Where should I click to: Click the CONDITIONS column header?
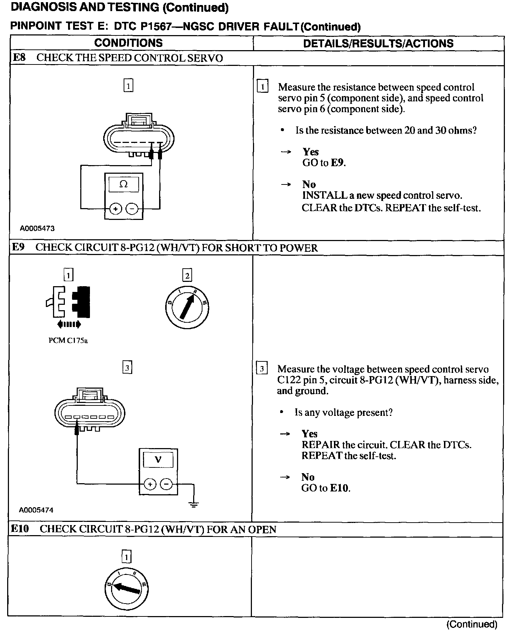[128, 43]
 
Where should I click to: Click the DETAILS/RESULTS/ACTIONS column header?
[378, 43]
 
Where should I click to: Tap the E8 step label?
[19, 58]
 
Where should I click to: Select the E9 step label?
[19, 248]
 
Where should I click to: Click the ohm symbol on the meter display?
[123, 184]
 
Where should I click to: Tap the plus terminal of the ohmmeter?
[115, 208]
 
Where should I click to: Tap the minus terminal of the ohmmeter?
[132, 208]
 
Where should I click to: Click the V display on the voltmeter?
[158, 460]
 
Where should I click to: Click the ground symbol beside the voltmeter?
[194, 504]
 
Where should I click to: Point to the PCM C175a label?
[68, 341]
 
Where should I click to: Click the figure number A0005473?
[37, 228]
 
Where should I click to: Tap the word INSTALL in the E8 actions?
[320, 196]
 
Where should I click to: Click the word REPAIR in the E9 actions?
[320, 445]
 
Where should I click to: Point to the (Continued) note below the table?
[472, 624]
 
